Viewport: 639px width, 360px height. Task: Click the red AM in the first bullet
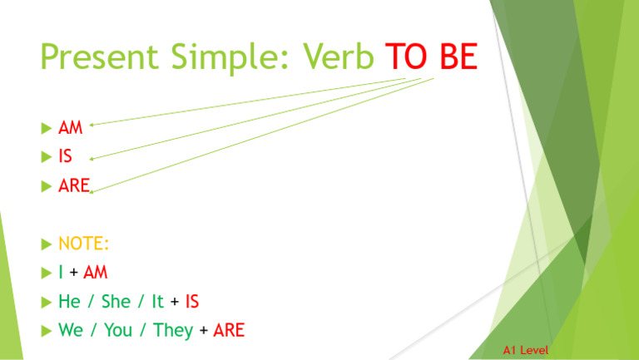[71, 129]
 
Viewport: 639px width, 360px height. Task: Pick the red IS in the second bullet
[65, 156]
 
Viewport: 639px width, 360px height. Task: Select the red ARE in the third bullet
[73, 185]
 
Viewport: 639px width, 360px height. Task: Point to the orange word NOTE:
[84, 244]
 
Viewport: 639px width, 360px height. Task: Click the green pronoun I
[61, 272]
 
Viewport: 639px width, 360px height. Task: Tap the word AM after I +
[96, 272]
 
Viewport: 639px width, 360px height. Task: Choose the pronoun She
[116, 301]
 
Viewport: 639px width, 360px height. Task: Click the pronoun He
[70, 301]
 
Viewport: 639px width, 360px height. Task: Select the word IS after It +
[191, 301]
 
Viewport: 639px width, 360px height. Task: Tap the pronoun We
[71, 330]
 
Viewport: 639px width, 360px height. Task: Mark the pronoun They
[173, 330]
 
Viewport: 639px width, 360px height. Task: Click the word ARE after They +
[229, 330]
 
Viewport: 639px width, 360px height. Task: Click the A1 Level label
[525, 351]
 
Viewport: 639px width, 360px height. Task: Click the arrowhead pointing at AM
[92, 126]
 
